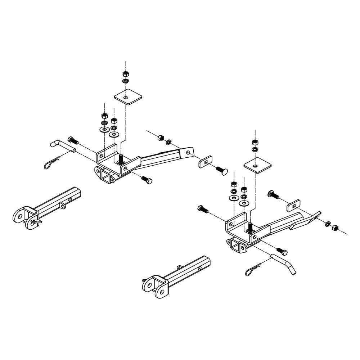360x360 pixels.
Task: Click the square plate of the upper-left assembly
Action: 128,97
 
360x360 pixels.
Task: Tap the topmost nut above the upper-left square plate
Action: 125,73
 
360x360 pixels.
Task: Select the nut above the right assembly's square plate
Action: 255,141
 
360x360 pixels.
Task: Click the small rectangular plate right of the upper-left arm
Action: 206,162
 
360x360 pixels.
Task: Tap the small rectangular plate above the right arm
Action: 294,206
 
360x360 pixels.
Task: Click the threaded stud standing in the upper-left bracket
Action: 121,159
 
